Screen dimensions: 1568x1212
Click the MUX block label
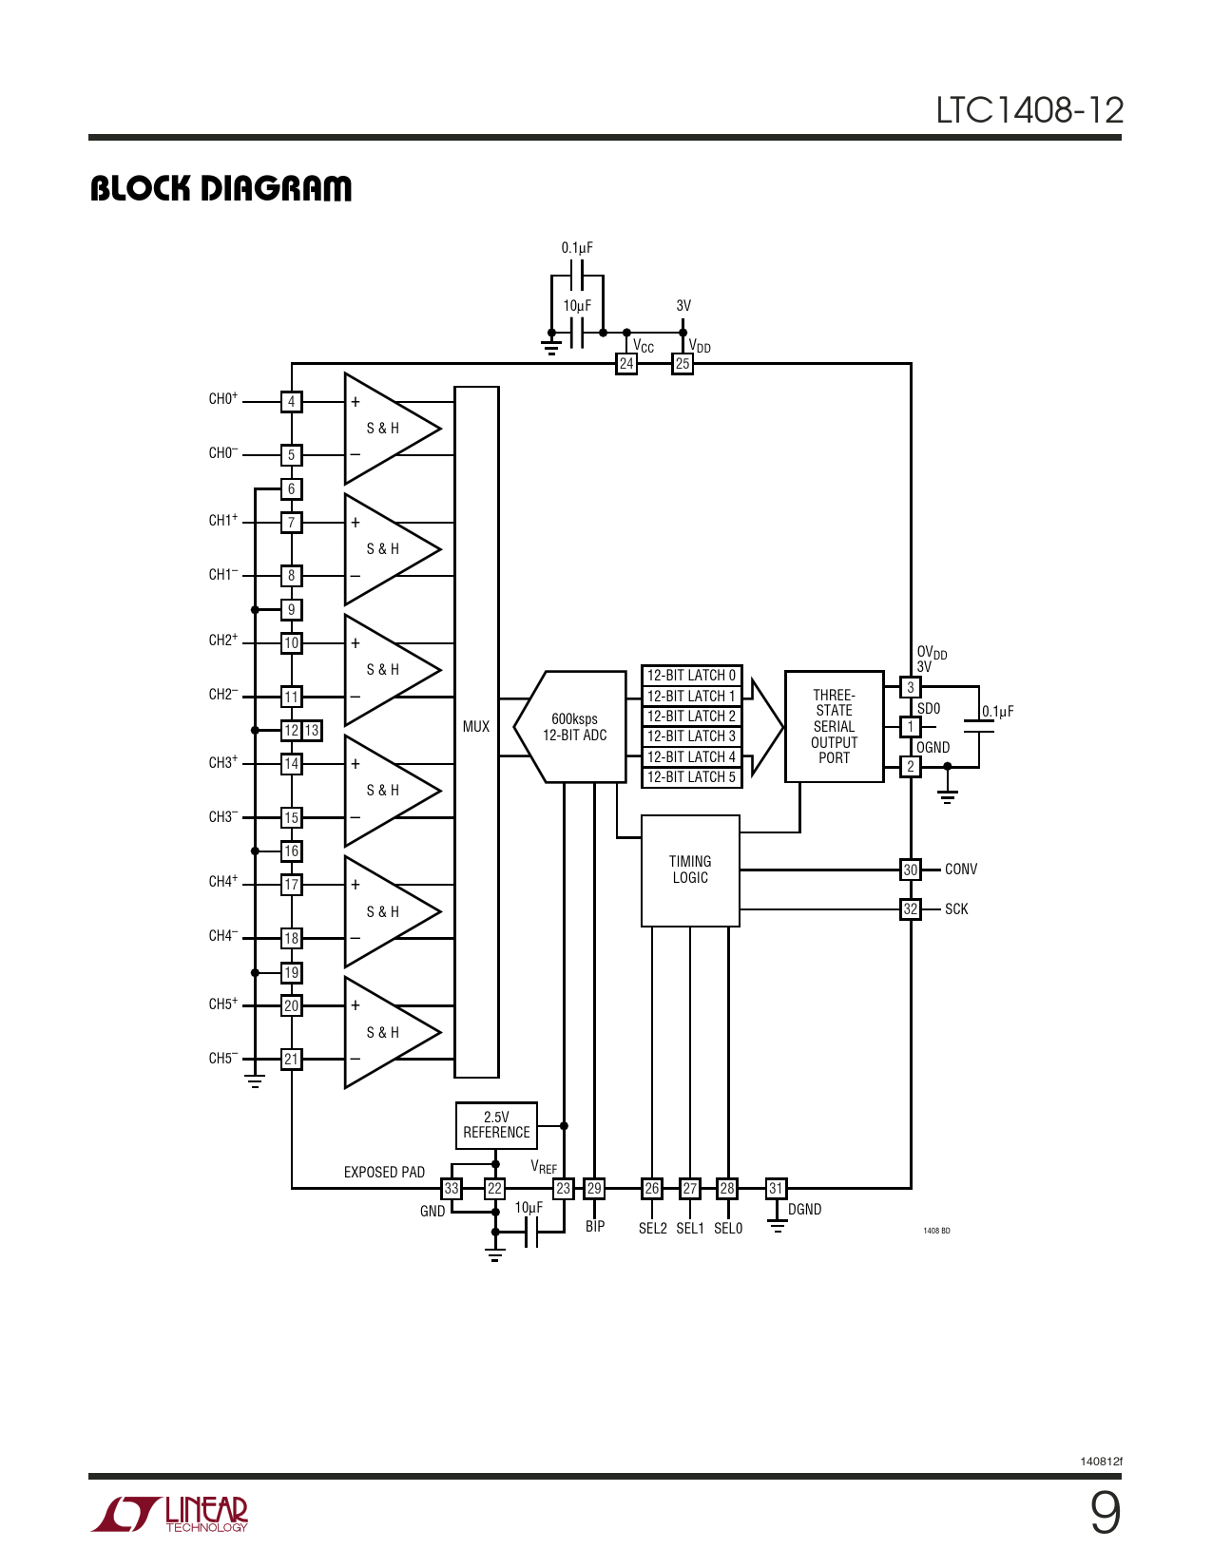[476, 727]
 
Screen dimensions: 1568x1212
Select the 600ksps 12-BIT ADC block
[574, 727]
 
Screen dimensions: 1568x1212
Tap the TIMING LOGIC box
[690, 870]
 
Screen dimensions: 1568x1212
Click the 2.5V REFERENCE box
[496, 1125]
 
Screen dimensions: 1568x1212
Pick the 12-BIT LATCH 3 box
[691, 736]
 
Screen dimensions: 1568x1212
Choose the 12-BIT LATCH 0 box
[691, 676]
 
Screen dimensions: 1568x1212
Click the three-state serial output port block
[834, 727]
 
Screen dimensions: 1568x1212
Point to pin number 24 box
[626, 364]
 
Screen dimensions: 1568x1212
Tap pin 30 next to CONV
[911, 870]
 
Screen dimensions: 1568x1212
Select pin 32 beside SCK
[911, 909]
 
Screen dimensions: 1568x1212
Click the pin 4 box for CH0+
[292, 402]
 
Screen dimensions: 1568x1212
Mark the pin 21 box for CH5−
[292, 1059]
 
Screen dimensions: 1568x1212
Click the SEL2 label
[652, 1229]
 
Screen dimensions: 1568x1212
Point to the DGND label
[804, 1210]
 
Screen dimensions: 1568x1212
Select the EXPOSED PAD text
[384, 1173]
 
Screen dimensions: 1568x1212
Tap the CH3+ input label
[223, 762]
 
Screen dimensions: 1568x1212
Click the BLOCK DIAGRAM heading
[221, 188]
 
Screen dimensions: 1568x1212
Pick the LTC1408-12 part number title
[1029, 110]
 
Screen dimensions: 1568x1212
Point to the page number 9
[1105, 1513]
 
